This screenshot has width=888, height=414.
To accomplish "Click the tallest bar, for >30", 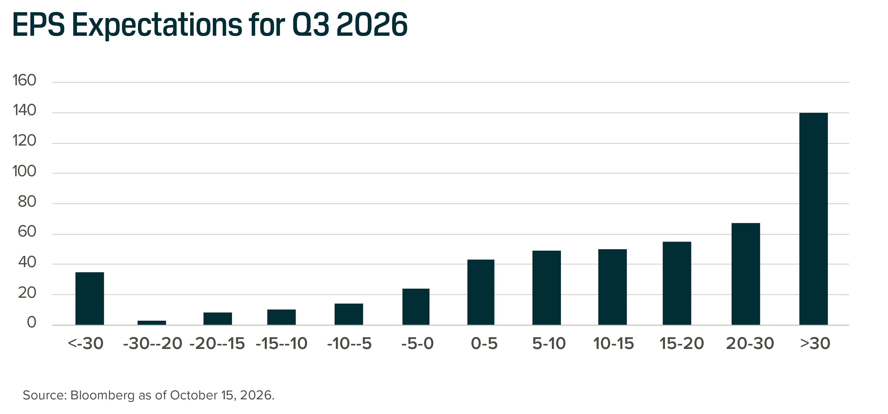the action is pos(813,219).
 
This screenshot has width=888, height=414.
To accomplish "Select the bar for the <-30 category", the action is pos(90,298).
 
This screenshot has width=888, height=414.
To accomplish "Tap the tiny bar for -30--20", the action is pos(152,323).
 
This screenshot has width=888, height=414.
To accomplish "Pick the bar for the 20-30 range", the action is pos(746,274).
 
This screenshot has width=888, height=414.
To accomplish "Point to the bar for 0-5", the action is pos(481,292).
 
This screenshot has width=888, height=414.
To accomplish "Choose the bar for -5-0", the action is pos(416,307).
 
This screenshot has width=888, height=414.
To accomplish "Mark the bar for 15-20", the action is pos(677,283).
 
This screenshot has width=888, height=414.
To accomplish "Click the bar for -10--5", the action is pos(348,314).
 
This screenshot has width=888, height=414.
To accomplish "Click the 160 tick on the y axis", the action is pos(25,81).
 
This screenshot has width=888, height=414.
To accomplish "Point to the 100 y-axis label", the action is pos(25,171).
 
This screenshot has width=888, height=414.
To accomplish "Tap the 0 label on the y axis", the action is pos(32,323).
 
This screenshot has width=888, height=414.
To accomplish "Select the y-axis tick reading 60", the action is pos(27,232).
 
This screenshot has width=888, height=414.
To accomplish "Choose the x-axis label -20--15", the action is pos(217,344).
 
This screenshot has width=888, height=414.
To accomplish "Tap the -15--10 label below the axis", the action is pos(282,344).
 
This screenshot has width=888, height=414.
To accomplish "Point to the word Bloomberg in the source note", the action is pos(102,395).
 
